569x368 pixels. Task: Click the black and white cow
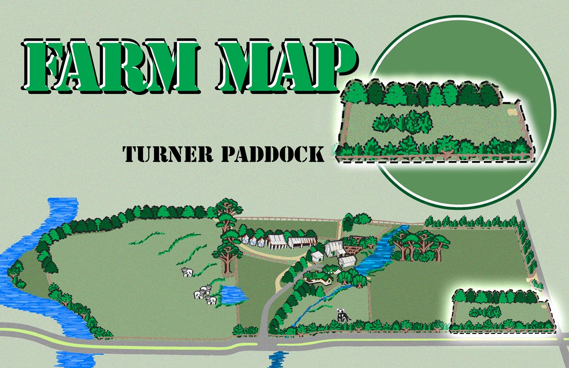[342, 315]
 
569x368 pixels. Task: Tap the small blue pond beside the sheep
[232, 295]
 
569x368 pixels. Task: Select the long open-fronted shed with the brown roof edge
[302, 242]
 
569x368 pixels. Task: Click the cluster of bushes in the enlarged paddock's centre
[403, 122]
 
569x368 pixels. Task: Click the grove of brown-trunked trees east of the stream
[417, 244]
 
